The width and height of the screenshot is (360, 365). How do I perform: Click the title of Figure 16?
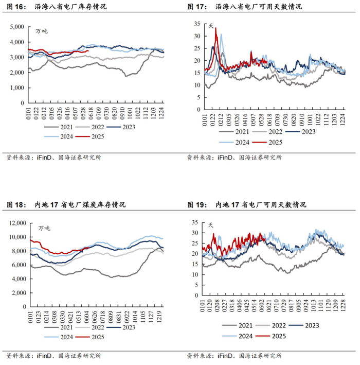pyautogui.click(x=57, y=7)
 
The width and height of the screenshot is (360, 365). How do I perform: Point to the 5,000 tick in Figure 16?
pyautogui.click(x=17, y=26)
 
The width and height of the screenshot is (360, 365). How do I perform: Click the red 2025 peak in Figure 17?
pyautogui.click(x=215, y=28)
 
